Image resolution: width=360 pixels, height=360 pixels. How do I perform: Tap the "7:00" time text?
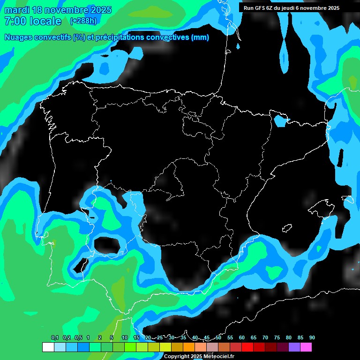tap(14, 21)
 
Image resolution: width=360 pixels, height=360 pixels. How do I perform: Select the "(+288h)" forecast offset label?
tap(83, 21)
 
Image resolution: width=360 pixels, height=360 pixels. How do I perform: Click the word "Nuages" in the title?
tap(20, 37)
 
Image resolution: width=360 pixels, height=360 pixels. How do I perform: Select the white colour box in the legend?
tap(48, 347)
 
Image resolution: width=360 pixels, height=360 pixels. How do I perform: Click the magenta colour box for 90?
tap(306, 347)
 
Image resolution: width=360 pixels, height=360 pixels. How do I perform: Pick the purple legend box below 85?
tap(294, 347)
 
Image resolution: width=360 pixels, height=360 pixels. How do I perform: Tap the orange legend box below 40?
tap(189, 347)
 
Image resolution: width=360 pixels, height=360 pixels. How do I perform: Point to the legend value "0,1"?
tap(55, 338)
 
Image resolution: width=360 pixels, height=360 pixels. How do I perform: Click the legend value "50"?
tap(218, 338)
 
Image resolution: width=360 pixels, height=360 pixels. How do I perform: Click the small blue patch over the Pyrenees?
tap(281, 121)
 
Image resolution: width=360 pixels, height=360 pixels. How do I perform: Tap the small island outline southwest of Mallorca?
tap(287, 228)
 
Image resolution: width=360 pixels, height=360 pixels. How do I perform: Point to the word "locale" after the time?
tap(45, 21)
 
